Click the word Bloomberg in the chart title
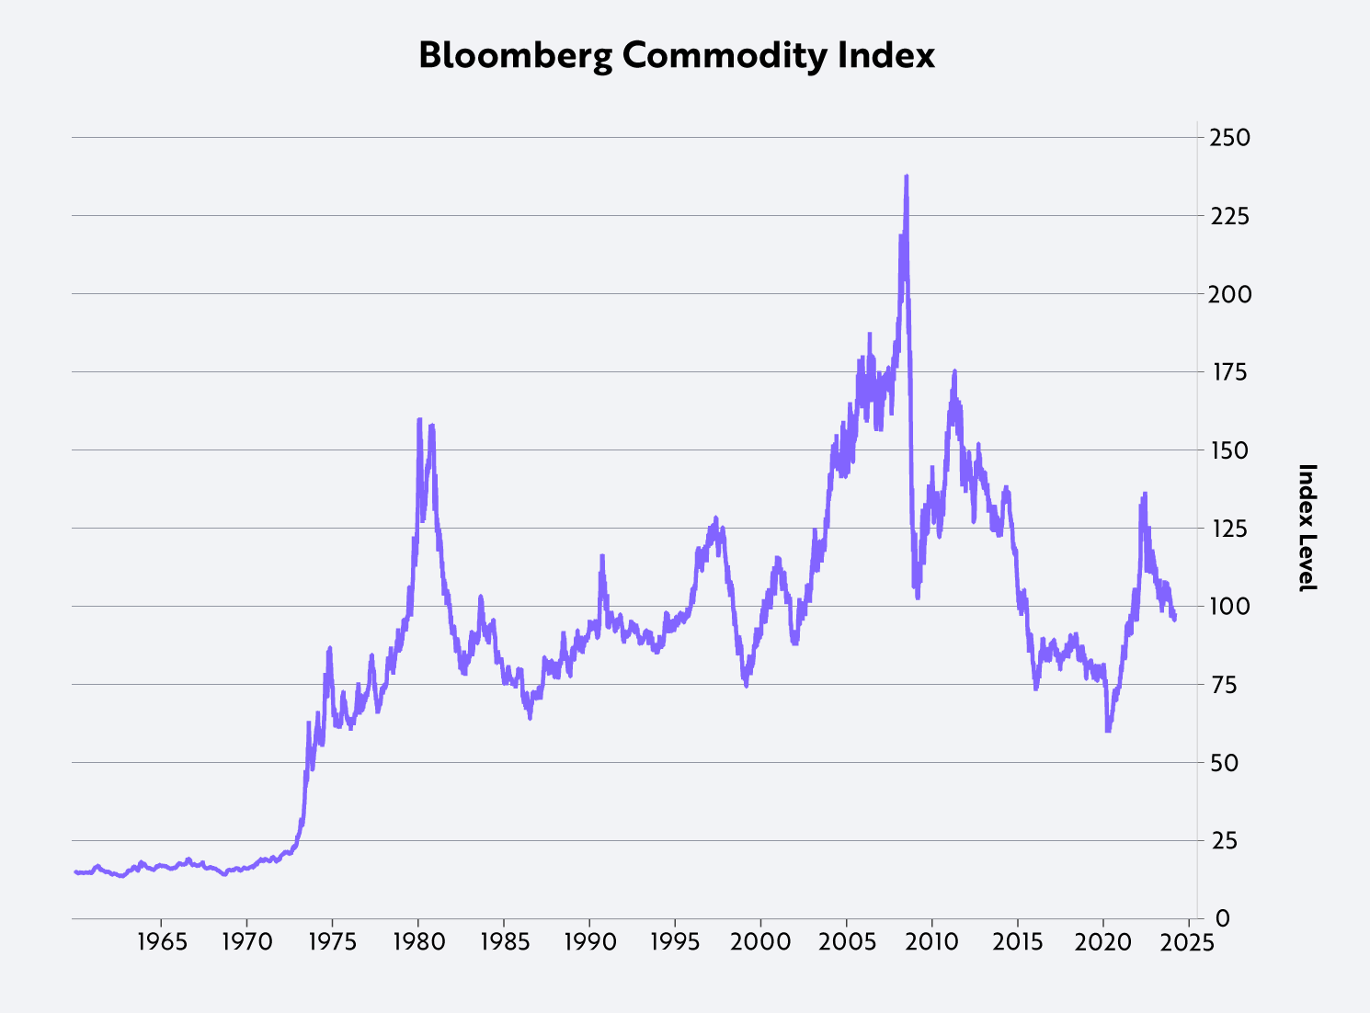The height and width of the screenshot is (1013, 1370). point(516,56)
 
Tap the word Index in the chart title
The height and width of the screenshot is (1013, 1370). point(886,56)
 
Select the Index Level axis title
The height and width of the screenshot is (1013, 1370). point(1307,528)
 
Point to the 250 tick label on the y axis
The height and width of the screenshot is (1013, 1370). point(1229,138)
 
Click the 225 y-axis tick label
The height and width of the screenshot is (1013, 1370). point(1229,216)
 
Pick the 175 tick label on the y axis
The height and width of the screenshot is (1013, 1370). point(1229,372)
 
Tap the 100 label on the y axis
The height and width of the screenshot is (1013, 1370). point(1229,607)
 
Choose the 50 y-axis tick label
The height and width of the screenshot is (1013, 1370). point(1224,763)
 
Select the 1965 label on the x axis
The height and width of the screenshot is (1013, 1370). point(161,943)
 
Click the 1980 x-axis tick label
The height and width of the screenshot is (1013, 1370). point(418,943)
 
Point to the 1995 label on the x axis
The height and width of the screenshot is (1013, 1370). point(675,943)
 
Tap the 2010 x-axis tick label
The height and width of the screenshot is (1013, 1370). point(932,943)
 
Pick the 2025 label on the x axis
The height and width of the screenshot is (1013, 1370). point(1190,943)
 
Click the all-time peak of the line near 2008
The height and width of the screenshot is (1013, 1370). point(907,176)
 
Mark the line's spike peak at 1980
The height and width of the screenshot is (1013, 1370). point(419,419)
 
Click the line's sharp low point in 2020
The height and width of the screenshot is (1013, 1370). point(1108,730)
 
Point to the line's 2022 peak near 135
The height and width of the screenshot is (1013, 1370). point(1145,494)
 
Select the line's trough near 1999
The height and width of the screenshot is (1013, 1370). point(746,685)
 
